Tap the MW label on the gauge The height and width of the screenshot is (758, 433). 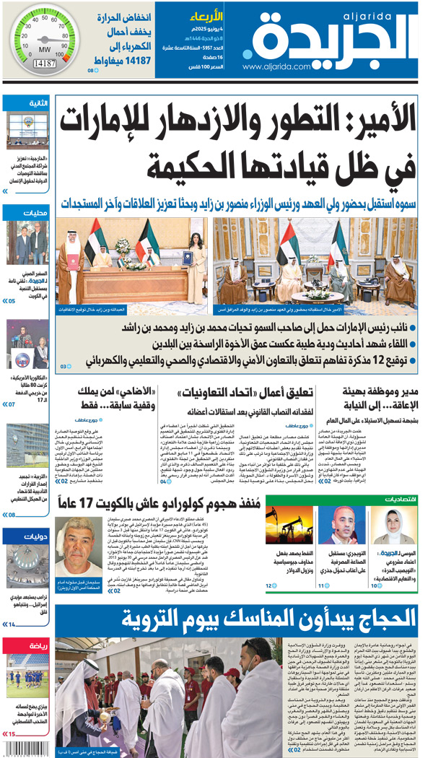[44, 49]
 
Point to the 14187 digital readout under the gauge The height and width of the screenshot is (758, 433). [44, 64]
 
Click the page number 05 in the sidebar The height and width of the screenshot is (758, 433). [12, 300]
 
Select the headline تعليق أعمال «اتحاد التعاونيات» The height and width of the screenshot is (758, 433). [245, 393]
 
